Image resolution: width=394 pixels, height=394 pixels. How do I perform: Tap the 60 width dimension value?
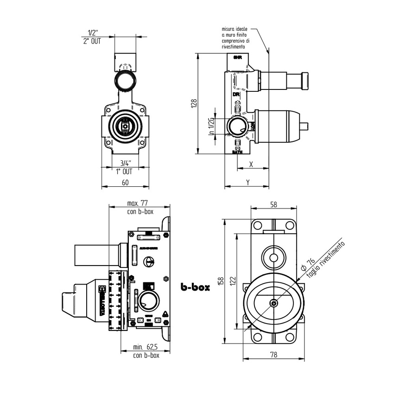click(x=125, y=182)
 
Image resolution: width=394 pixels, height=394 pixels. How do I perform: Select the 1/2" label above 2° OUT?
click(x=93, y=33)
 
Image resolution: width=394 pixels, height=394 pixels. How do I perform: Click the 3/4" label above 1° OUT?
click(x=125, y=163)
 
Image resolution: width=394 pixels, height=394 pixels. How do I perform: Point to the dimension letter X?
click(x=251, y=165)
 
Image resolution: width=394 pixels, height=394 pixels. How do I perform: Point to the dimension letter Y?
click(x=248, y=182)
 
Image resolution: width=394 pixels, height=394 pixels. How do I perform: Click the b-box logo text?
click(x=195, y=287)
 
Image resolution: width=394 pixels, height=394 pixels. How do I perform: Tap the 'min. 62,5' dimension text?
click(x=146, y=347)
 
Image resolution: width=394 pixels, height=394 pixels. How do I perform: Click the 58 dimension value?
click(x=273, y=204)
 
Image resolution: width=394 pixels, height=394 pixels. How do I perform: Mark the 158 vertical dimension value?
click(x=221, y=281)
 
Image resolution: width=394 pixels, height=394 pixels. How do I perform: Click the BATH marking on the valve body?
click(x=237, y=152)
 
